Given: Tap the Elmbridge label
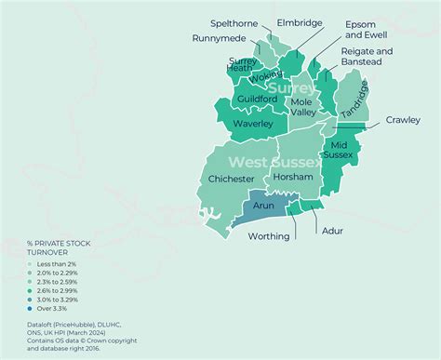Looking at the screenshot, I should coord(301,22).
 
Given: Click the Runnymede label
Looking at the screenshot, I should coord(220,39).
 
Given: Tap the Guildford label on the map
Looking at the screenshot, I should coord(257,99).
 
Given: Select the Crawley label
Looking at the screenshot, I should coord(403,120).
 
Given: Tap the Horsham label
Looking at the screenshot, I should coord(293,178).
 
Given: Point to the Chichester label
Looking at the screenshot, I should coord(231,179).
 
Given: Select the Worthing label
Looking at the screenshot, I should coord(268,236).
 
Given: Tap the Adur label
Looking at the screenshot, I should coord(331,230).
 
